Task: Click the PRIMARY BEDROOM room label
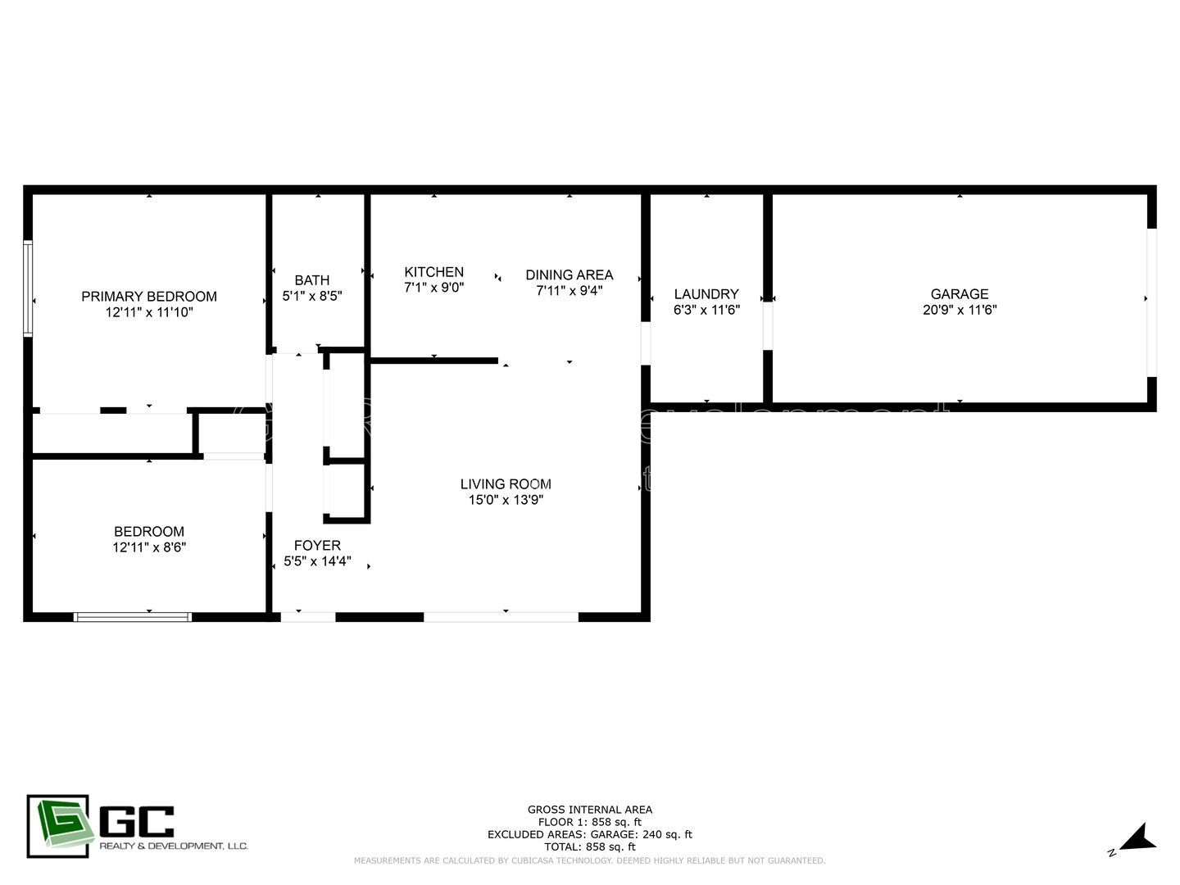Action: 149,297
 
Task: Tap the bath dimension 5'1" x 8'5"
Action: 311,297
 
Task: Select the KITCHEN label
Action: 433,272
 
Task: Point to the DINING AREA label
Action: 569,275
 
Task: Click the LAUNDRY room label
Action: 706,294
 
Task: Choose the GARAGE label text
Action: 959,294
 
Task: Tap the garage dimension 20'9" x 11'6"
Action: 959,311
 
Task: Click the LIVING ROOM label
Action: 506,484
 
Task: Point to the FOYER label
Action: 317,546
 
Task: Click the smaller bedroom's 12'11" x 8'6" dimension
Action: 149,547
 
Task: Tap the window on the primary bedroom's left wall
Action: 28,288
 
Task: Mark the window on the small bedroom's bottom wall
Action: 133,617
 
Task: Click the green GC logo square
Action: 57,826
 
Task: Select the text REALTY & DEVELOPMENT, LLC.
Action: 173,846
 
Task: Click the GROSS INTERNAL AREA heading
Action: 589,810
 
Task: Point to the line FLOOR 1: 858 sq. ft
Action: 589,822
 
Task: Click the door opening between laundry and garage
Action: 768,326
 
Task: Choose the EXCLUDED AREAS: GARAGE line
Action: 589,834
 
